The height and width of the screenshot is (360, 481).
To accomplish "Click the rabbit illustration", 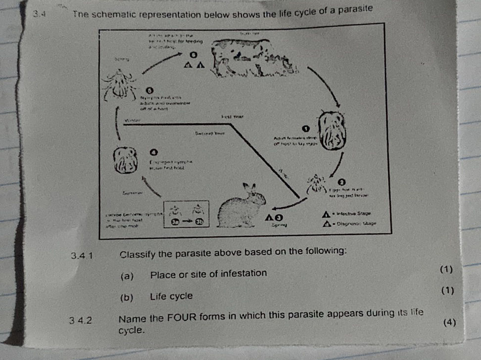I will coord(243,203).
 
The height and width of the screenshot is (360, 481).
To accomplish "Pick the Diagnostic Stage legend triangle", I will coord(325,223).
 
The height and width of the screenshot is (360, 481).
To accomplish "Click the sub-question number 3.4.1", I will coord(84,255).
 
